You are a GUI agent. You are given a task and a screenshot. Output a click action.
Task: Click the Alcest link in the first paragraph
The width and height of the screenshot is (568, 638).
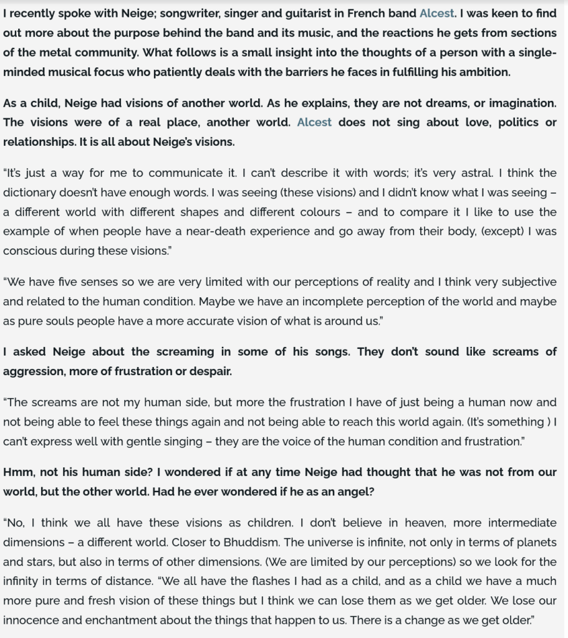pos(437,12)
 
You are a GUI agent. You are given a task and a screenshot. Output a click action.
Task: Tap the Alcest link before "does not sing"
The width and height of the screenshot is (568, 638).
pos(314,122)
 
